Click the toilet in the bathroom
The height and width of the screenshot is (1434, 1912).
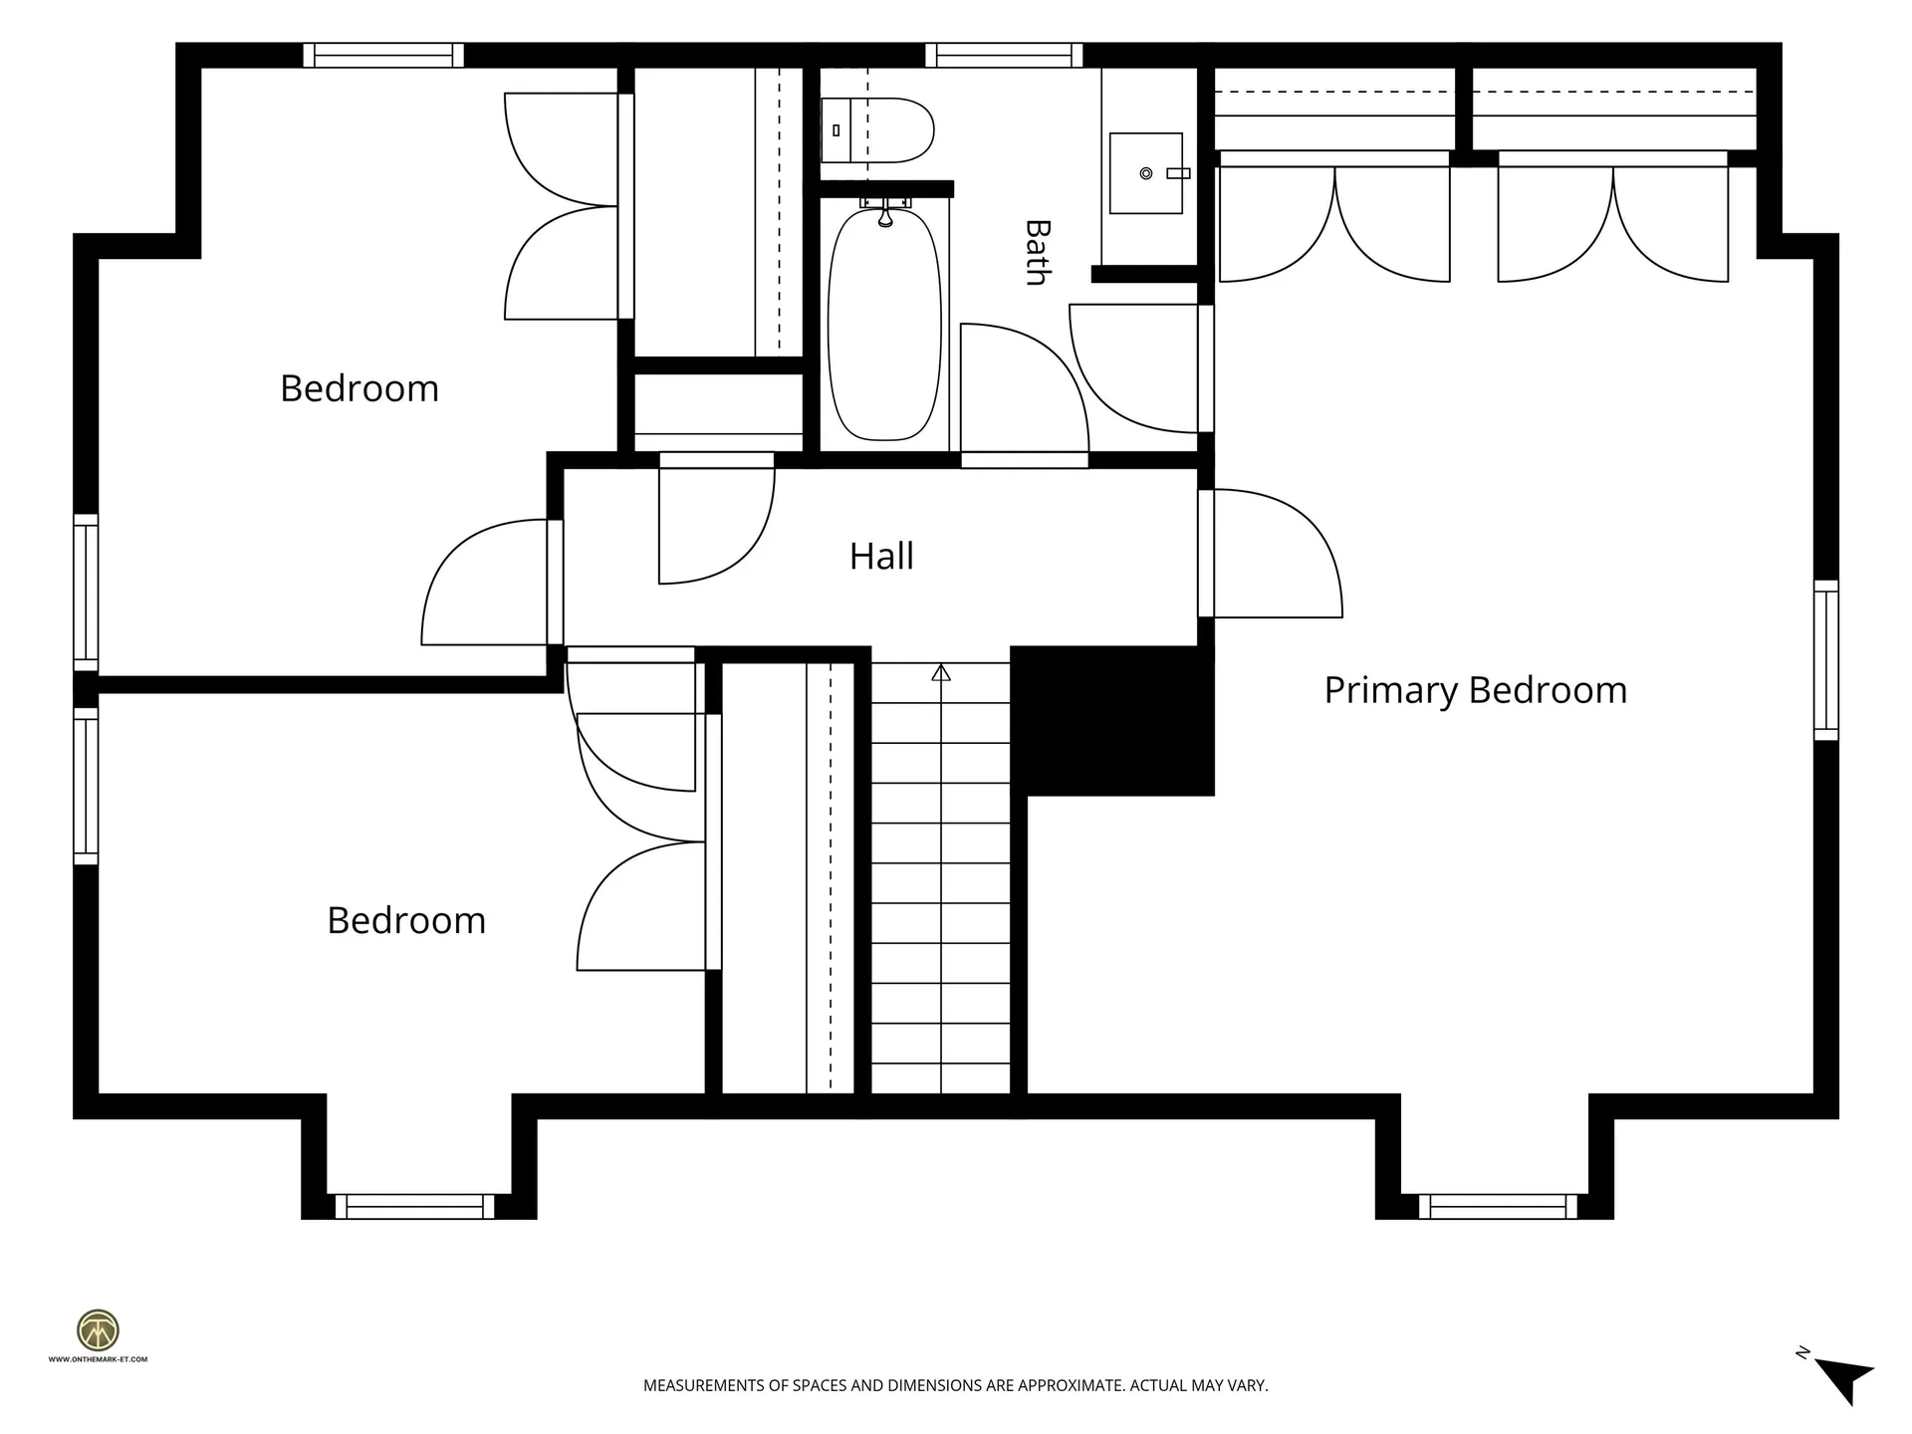click(x=877, y=130)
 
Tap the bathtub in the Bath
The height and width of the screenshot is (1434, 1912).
click(x=884, y=325)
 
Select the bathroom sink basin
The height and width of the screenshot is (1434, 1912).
click(x=1146, y=173)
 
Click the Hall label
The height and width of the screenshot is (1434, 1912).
click(x=881, y=556)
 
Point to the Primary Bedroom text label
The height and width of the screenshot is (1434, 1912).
click(x=1475, y=690)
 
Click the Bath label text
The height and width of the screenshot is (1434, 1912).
click(x=1037, y=253)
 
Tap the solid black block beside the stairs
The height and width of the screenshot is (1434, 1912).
click(x=1112, y=721)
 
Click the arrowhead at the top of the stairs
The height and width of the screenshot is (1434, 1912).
click(x=941, y=673)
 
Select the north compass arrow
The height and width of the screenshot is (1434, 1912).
click(x=1845, y=1381)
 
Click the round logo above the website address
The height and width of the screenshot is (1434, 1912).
click(x=99, y=1330)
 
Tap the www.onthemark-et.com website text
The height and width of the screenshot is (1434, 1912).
click(x=98, y=1359)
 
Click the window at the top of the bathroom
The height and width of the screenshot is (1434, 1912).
click(x=1004, y=55)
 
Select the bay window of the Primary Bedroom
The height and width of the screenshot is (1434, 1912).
click(x=1498, y=1207)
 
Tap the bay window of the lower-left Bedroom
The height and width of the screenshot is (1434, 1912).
click(x=414, y=1207)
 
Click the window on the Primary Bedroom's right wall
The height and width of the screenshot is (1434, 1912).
click(x=1826, y=660)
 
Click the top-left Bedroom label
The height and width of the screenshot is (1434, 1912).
click(x=359, y=388)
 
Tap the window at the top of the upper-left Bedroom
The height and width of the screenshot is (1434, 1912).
click(x=383, y=55)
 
